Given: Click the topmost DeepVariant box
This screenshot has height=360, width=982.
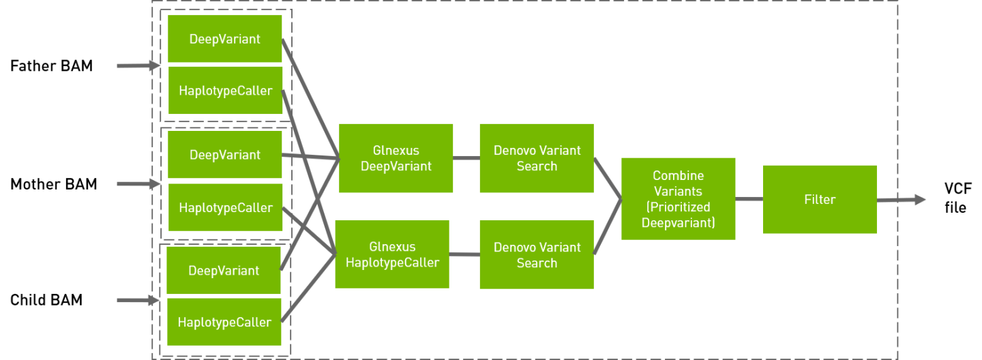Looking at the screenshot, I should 225,39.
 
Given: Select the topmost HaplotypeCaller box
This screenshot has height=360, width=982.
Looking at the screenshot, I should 225,91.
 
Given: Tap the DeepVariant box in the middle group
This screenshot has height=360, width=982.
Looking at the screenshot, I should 225,155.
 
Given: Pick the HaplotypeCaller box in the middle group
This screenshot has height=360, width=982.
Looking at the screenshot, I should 225,208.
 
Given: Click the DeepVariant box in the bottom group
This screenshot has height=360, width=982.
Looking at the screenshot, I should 224,271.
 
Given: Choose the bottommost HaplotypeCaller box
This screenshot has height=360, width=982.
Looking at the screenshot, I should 224,322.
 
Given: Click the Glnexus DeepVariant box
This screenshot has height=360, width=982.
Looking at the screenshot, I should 396,158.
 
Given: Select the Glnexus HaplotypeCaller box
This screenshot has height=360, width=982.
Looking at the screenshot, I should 392,254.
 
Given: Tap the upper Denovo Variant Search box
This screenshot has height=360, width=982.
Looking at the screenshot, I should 536,158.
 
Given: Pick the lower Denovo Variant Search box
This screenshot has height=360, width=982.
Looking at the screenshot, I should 536,254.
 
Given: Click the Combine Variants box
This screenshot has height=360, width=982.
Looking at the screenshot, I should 678,198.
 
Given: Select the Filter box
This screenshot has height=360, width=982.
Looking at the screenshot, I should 819,199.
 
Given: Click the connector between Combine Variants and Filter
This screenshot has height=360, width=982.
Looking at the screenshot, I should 749,199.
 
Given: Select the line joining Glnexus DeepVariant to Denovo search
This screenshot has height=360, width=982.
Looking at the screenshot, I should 466,157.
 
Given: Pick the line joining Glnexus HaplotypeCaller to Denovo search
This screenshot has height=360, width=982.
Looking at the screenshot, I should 464,255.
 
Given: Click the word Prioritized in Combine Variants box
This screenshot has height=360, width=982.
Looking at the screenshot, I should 678,207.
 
